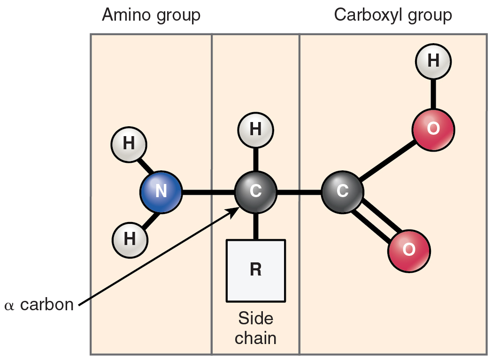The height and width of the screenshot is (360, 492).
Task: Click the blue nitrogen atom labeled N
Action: coord(161,192)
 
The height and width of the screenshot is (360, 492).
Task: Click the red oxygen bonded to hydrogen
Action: coord(433,130)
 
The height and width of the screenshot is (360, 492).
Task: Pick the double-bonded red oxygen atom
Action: coord(408,250)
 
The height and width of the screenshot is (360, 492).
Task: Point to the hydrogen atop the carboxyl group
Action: coord(433,61)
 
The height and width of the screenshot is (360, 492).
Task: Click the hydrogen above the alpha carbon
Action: coord(255,130)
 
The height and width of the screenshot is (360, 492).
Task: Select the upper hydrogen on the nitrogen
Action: coord(129,144)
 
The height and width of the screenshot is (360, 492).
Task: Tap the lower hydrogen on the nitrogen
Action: coord(130,239)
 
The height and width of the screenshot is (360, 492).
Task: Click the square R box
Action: coord(255,271)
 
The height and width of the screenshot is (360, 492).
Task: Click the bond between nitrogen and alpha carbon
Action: coord(208,192)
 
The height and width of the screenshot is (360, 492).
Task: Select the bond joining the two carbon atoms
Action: coord(299,192)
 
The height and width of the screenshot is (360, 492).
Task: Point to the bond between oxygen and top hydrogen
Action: coord(433,94)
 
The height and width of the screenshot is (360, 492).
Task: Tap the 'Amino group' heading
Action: coord(151,15)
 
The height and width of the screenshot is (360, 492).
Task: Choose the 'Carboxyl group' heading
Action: coord(392,15)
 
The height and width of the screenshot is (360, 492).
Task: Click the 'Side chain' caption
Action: coord(255,328)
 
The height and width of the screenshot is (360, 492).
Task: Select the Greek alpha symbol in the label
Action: coord(9,306)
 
